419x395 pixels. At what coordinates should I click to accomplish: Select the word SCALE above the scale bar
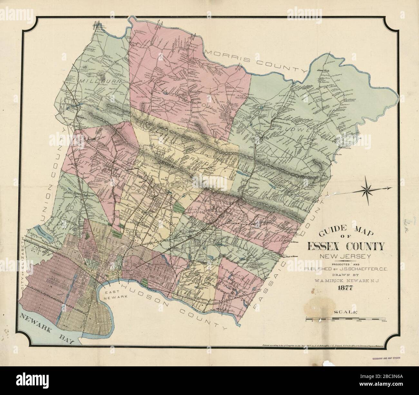click(x=346, y=312)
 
